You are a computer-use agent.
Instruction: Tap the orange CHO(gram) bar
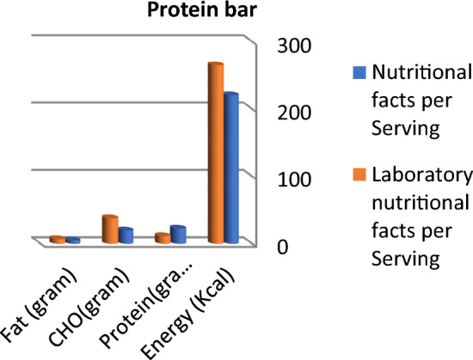pos(110,229)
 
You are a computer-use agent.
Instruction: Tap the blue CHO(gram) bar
pos(126,235)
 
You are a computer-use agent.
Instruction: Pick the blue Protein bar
pos(178,234)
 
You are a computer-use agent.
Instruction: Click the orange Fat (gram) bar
pos(57,240)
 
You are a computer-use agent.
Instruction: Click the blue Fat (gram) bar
pos(73,241)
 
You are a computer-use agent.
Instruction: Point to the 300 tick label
pos(286,46)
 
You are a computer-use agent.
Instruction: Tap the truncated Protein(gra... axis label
pos(148,301)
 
